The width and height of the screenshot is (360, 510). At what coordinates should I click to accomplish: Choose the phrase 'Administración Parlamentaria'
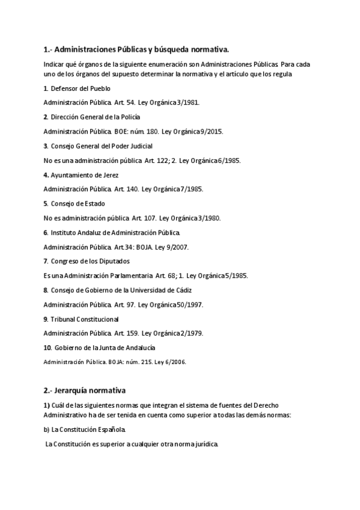[113, 275]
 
